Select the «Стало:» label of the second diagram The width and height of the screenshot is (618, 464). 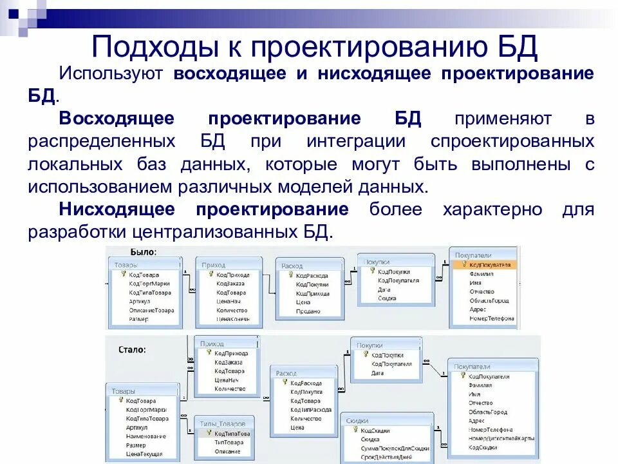(x=133, y=349)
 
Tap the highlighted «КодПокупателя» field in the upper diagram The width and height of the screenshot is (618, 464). (x=490, y=264)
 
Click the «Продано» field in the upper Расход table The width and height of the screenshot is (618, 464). (x=308, y=311)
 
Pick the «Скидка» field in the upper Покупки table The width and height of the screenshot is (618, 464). (x=387, y=298)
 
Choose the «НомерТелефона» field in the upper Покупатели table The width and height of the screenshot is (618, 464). (x=491, y=318)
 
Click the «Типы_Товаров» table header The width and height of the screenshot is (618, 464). (x=223, y=424)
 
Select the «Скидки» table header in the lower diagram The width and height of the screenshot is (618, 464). (x=357, y=420)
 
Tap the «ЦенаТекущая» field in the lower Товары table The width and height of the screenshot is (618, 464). (x=144, y=454)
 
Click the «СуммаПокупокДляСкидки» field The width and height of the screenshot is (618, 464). (x=395, y=448)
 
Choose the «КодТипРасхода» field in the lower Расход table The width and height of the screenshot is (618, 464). (x=311, y=409)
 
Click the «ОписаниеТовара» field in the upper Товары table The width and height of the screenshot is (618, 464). (x=151, y=310)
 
